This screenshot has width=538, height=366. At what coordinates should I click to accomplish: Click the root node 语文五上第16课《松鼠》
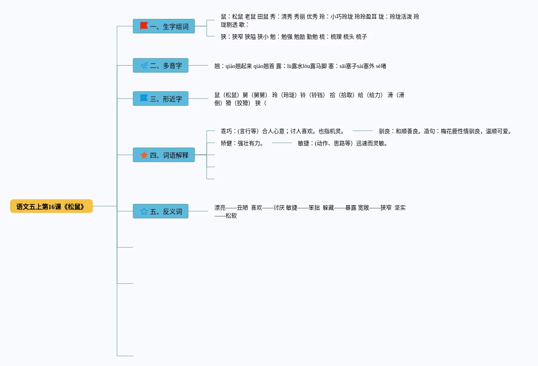tap(51, 206)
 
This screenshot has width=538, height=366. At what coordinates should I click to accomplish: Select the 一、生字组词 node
tap(164, 26)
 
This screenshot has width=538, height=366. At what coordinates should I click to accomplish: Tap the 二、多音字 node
tap(160, 65)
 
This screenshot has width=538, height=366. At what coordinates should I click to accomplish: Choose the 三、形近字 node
tap(160, 99)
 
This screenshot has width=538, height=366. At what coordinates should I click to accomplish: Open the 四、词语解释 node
tap(164, 155)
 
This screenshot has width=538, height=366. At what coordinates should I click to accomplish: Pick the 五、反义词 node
tap(160, 211)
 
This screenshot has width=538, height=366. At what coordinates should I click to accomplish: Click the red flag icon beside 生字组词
tap(144, 26)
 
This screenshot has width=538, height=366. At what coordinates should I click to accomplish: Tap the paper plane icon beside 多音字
tap(144, 65)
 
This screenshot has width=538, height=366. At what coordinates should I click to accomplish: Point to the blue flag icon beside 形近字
tap(144, 99)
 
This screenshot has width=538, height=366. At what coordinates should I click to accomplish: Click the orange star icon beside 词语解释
tap(144, 155)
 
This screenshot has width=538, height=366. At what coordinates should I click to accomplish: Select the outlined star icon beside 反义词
tap(144, 211)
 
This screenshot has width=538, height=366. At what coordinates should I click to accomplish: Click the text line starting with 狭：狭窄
tap(294, 37)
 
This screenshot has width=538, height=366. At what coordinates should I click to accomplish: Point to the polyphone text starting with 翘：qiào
tap(300, 66)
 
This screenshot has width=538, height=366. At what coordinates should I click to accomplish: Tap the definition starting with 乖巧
tap(282, 131)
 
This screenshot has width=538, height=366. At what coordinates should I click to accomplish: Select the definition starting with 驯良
tap(445, 131)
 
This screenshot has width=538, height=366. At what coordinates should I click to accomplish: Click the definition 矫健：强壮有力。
tap(242, 143)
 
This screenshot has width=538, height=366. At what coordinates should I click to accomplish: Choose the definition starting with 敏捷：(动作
tap(343, 143)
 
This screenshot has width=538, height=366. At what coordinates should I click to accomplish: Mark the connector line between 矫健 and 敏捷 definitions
tap(281, 143)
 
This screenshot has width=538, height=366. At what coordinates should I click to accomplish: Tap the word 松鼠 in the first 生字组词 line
tap(237, 16)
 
